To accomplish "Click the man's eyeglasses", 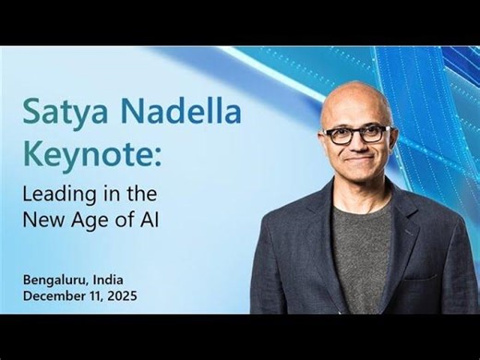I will click(x=356, y=135).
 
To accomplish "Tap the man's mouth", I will click(x=356, y=169).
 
